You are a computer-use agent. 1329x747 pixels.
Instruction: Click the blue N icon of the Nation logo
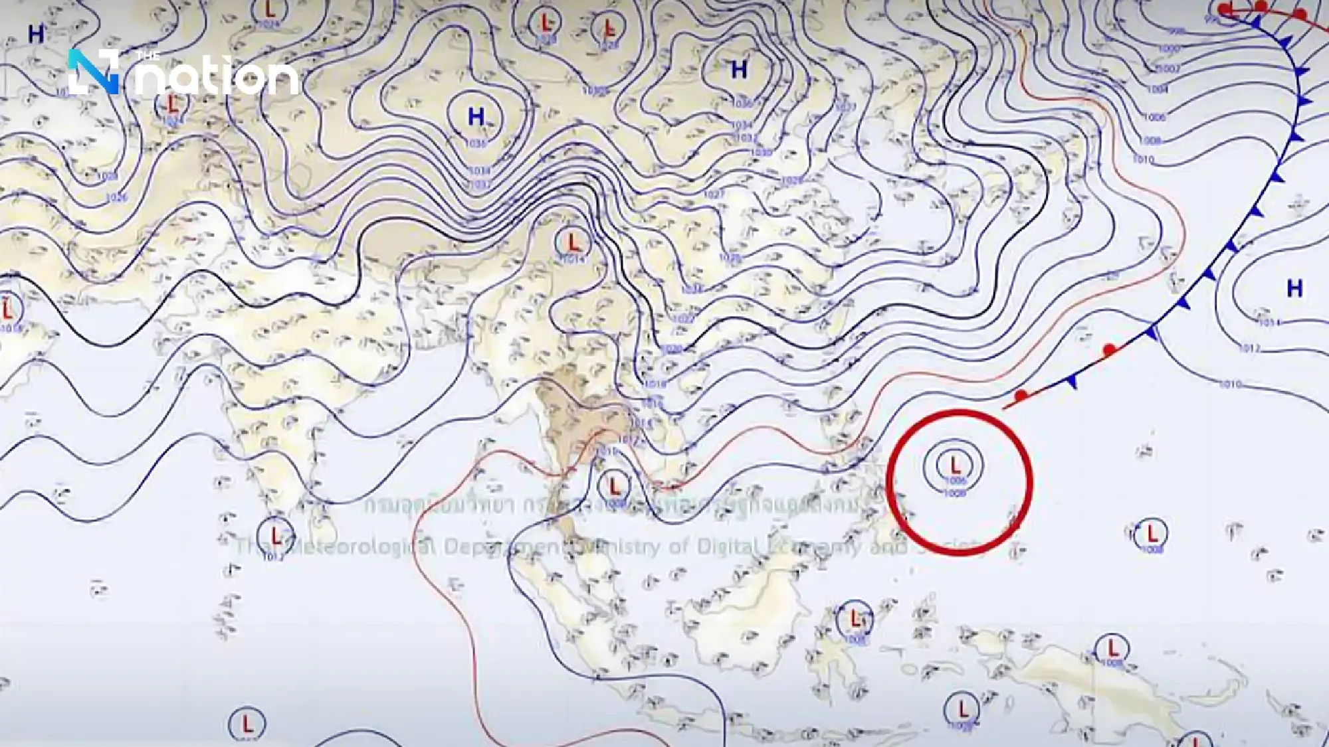[x=94, y=71]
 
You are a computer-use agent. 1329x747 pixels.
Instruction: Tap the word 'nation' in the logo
[x=219, y=78]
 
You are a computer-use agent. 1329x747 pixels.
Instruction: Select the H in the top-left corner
[x=36, y=34]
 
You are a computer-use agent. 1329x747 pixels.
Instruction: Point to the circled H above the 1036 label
[x=476, y=117]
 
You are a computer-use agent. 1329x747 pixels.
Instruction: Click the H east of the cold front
[x=1294, y=288]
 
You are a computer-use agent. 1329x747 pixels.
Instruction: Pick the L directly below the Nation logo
[x=173, y=105]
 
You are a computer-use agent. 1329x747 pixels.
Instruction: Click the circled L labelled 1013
[x=274, y=535]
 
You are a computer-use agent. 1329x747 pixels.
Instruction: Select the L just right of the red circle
[x=1152, y=533]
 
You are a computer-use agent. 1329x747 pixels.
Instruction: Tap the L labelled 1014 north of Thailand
[x=573, y=242]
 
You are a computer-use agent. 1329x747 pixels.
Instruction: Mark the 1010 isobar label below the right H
[x=1231, y=384]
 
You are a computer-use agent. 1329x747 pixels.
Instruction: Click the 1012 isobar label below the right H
[x=1250, y=348]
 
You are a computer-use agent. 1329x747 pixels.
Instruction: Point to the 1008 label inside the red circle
[x=955, y=493]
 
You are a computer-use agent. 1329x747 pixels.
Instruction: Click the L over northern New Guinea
[x=1112, y=647]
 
